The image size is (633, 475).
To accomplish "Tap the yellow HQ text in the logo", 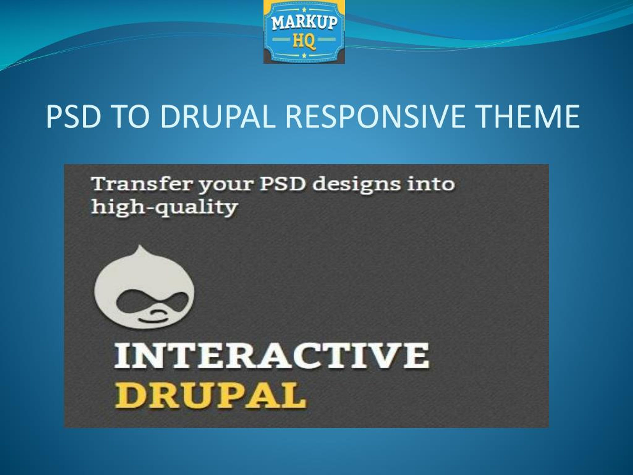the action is click(x=304, y=41).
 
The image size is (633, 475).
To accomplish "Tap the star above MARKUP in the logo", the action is click(x=304, y=9).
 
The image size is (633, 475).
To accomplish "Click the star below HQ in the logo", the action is click(x=304, y=55).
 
